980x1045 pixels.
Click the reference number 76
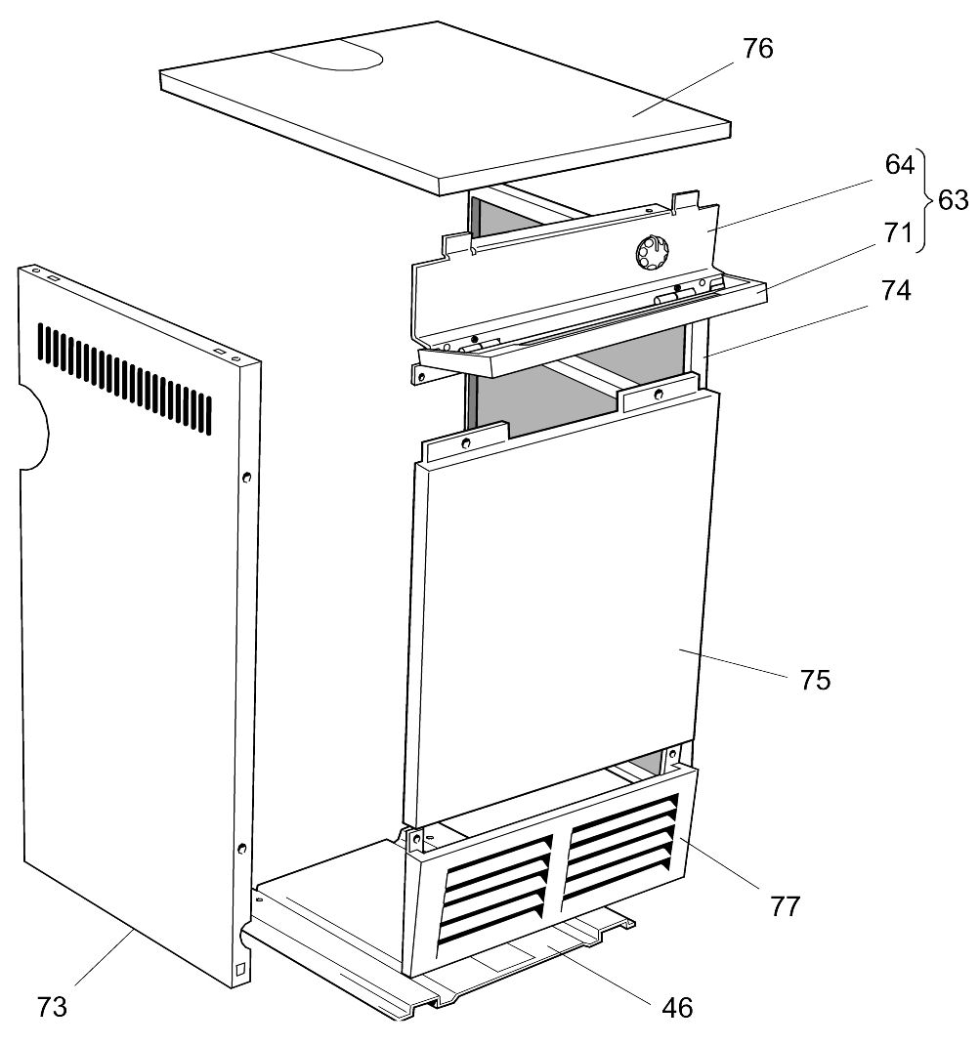[757, 48]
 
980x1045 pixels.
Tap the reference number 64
[899, 164]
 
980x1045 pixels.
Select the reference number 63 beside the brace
[953, 200]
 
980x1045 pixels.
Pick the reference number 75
[815, 679]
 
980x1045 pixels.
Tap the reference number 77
[786, 905]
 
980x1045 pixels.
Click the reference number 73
[53, 1006]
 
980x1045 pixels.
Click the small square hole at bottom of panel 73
[240, 970]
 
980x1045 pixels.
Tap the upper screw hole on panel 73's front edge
[246, 477]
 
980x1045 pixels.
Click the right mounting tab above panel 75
[658, 395]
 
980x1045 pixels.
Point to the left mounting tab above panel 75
[464, 442]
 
